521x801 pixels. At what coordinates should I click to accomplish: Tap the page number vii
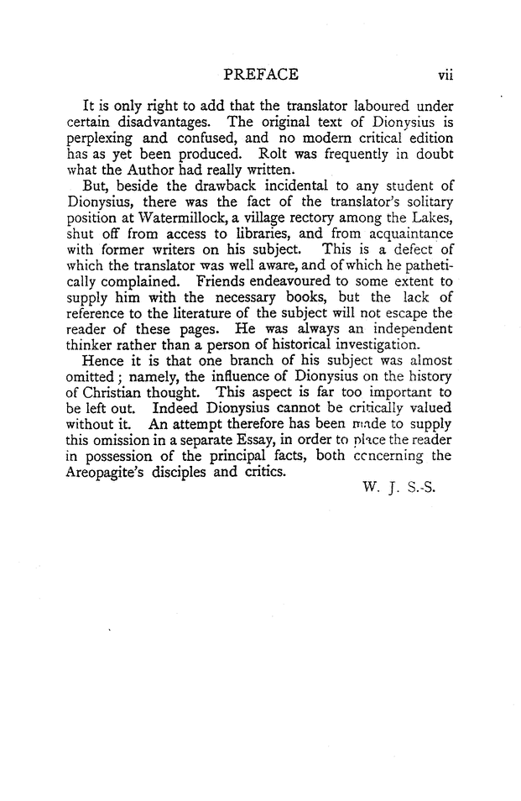(444, 76)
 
